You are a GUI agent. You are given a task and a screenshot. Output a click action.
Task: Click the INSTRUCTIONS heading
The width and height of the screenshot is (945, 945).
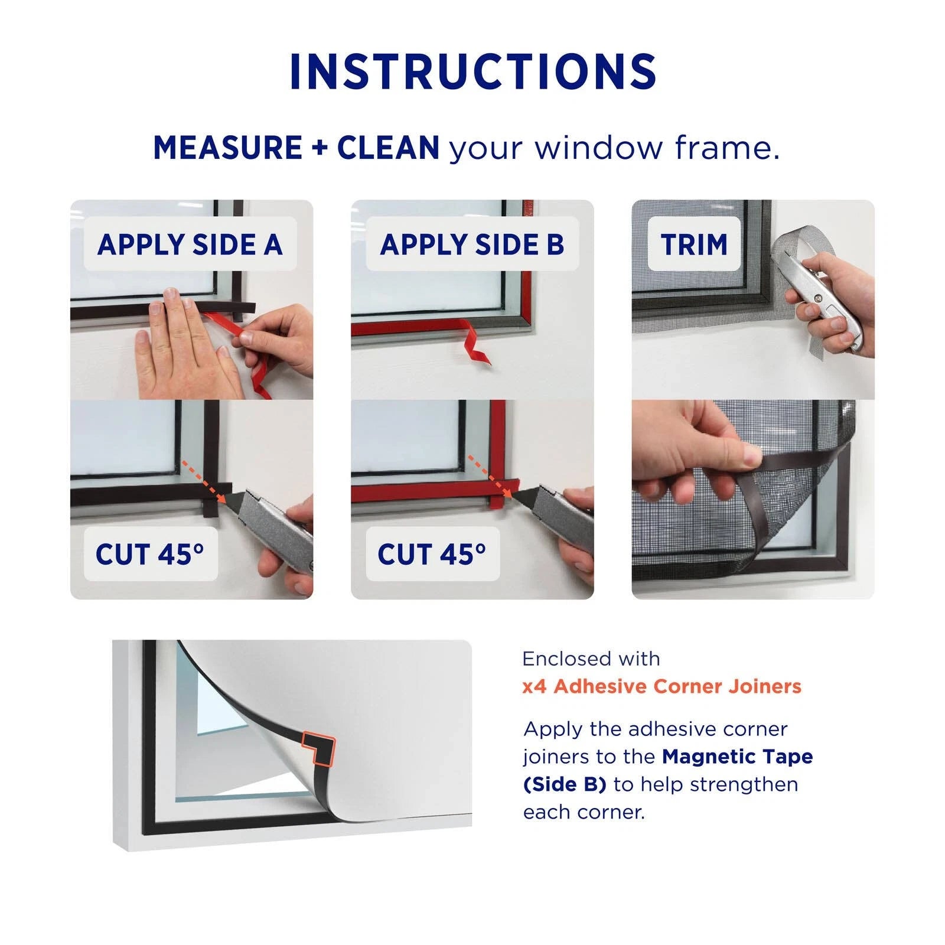[473, 72]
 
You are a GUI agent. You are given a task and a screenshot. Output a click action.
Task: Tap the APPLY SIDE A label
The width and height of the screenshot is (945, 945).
[190, 245]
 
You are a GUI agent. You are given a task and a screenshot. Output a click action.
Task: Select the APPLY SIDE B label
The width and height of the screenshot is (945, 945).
[472, 245]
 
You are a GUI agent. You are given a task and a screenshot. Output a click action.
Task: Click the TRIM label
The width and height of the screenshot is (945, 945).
[694, 245]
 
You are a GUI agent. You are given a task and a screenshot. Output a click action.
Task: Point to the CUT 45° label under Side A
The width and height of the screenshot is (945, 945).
[150, 554]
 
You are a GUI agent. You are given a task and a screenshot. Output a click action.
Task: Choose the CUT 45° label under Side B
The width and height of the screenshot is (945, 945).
[432, 554]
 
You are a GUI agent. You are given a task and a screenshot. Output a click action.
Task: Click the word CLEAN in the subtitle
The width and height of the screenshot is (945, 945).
[388, 148]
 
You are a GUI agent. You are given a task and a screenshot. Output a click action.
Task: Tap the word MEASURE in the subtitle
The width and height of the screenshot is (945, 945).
[228, 148]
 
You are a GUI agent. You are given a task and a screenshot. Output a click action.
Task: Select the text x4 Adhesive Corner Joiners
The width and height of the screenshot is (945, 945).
[662, 686]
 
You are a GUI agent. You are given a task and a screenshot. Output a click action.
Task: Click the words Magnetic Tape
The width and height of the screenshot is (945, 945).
[738, 757]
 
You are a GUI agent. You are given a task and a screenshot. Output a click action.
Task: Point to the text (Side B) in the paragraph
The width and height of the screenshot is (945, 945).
[565, 784]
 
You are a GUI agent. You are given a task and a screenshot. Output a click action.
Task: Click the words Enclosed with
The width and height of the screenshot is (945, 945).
[591, 659]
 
